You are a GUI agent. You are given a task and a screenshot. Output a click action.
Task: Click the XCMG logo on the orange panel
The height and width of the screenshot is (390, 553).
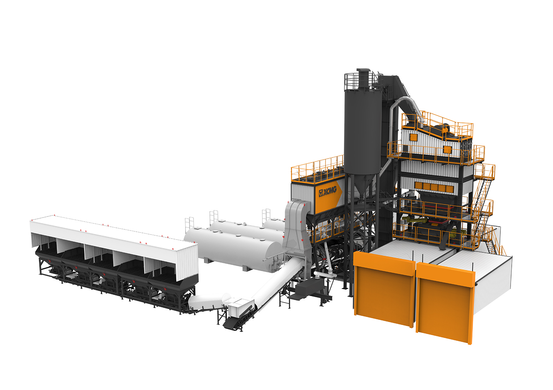coord(328,191)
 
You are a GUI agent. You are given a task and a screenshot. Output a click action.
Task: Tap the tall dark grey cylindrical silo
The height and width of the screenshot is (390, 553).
coord(363,131)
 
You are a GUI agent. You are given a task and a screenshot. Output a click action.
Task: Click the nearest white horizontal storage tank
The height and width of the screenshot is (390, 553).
coord(232,248)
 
